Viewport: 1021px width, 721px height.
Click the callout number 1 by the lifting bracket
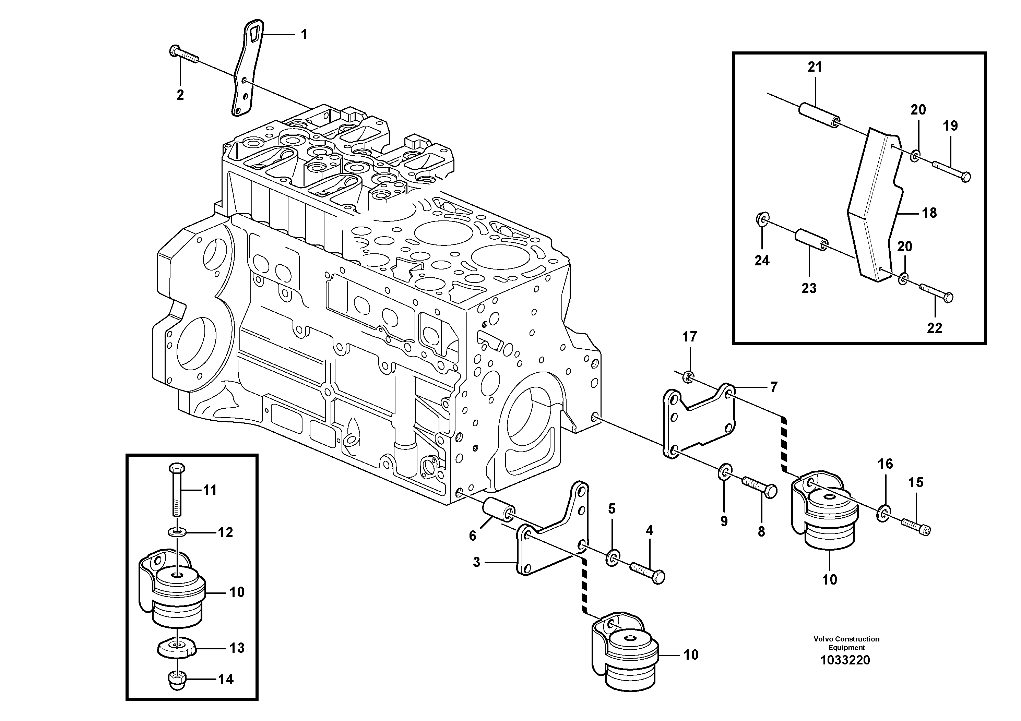pyautogui.click(x=304, y=35)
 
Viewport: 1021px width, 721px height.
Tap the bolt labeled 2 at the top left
pyautogui.click(x=183, y=56)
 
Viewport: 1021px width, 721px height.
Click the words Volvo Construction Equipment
pyautogui.click(x=846, y=643)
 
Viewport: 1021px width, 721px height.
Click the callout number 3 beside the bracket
pyautogui.click(x=476, y=562)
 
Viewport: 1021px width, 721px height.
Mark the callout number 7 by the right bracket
pyautogui.click(x=774, y=387)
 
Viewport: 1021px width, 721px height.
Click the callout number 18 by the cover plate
pyautogui.click(x=929, y=213)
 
